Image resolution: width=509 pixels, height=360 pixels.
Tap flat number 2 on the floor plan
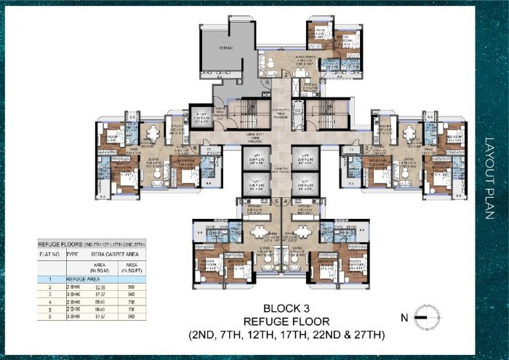point(286,74)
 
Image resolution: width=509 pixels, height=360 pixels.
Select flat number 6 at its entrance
point(195,148)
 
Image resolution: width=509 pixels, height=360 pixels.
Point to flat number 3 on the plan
point(368,148)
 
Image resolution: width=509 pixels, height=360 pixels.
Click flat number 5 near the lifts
point(276,201)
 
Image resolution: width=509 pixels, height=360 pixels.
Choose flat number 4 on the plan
point(287,201)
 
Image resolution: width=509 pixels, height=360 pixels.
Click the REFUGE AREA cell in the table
point(82,279)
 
